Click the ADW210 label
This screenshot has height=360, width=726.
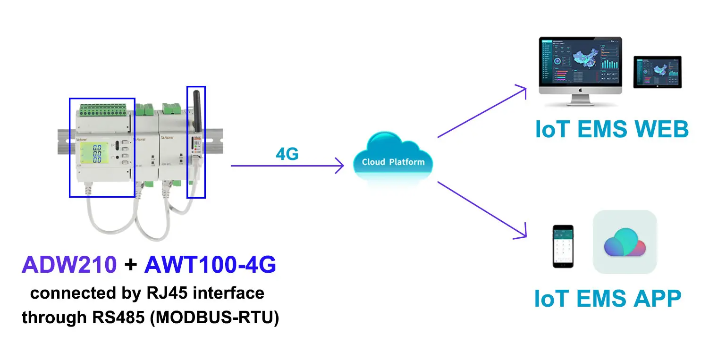[69, 266]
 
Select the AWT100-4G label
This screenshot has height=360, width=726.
[210, 266]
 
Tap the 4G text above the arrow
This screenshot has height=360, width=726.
[287, 154]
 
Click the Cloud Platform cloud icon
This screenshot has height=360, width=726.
[393, 158]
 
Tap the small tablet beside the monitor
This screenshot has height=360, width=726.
[657, 73]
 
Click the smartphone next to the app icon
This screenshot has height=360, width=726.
[563, 245]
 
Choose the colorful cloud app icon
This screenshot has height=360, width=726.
[625, 242]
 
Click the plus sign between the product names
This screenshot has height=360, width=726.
[130, 266]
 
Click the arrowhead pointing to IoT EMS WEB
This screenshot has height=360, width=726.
[522, 89]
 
